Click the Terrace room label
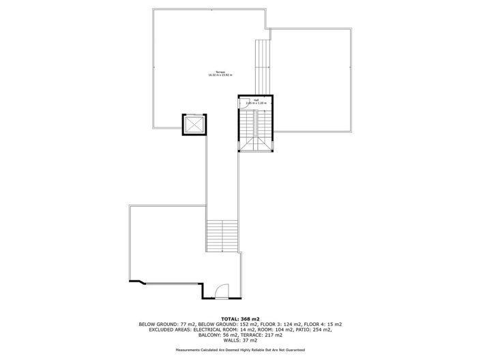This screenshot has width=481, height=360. pyautogui.click(x=220, y=72)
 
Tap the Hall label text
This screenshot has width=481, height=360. pyautogui.click(x=256, y=100)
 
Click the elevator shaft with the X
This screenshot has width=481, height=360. pyautogui.click(x=194, y=125)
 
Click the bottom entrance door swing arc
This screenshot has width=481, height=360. pyautogui.click(x=221, y=293)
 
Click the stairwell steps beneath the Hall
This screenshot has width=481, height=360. pyautogui.click(x=255, y=132)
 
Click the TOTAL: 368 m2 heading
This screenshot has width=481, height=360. pyautogui.click(x=240, y=318)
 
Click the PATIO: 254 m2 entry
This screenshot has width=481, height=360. pyautogui.click(x=316, y=329)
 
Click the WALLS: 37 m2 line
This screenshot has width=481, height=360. pyautogui.click(x=240, y=340)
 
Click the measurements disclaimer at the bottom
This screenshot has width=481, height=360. pyautogui.click(x=240, y=350)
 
